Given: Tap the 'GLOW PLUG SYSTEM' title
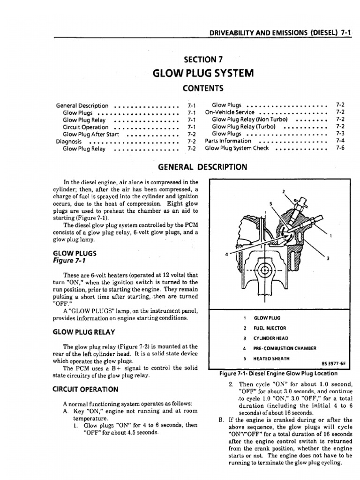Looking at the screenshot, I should (202, 73).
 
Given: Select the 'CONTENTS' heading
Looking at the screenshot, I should (202, 88).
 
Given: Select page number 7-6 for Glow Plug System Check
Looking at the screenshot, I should (340, 148).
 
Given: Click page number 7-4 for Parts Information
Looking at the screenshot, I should (340, 141).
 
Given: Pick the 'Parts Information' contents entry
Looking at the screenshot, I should (228, 141).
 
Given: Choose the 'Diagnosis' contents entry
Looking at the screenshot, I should (69, 141).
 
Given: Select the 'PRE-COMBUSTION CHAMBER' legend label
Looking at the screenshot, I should (285, 348).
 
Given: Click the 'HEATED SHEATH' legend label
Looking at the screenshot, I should (271, 359).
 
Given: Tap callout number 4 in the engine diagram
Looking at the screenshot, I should (227, 255).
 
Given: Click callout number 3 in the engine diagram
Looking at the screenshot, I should (328, 259).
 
